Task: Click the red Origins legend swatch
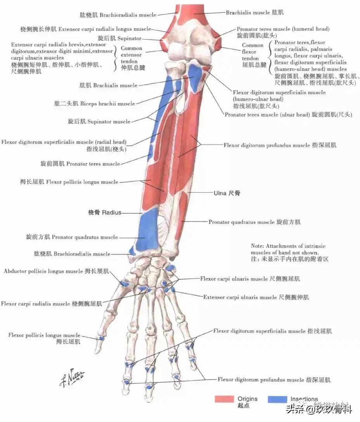click(224, 399)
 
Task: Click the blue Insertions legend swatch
click(277, 399)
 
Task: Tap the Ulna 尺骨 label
click(227, 193)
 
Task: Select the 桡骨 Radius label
click(104, 212)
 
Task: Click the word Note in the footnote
click(257, 246)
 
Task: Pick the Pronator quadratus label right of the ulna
click(254, 222)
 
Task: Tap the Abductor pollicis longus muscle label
click(56, 271)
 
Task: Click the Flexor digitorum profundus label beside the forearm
click(279, 145)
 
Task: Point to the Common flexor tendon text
click(253, 52)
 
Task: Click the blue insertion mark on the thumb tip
click(102, 338)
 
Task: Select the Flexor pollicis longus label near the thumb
click(44, 336)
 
